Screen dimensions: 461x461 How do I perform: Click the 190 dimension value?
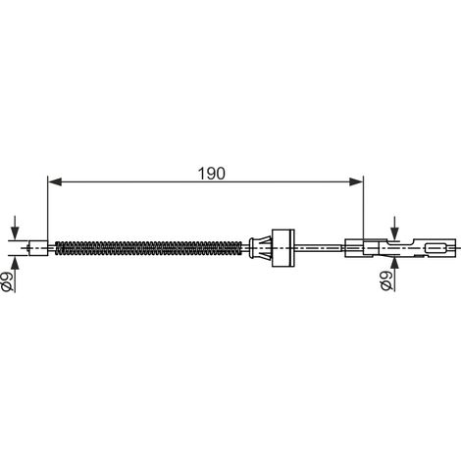coord(212,174)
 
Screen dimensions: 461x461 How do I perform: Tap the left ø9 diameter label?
coord(8,282)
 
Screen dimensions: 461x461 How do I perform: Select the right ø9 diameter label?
coord(386,281)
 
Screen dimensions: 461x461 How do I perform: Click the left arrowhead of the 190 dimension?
coord(55,181)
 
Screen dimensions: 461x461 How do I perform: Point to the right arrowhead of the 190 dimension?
coord(356,181)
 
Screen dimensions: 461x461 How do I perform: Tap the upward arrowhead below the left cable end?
coord(15,262)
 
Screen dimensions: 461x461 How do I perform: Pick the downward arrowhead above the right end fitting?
coord(395,233)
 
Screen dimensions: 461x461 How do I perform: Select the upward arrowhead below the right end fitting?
coord(395,264)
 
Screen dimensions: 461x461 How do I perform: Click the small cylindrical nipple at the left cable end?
coord(38,248)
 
